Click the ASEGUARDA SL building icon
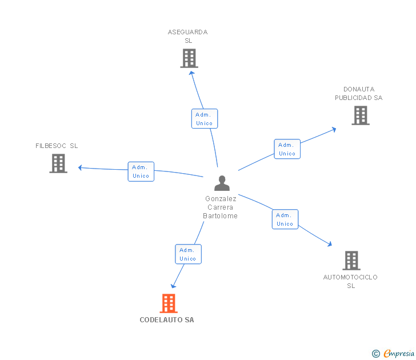pyautogui.click(x=189, y=58)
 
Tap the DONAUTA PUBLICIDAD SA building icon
pyautogui.click(x=360, y=115)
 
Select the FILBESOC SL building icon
pyautogui.click(x=58, y=163)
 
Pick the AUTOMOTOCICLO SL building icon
pyautogui.click(x=351, y=261)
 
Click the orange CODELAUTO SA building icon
pyautogui.click(x=168, y=303)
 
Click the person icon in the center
pyautogui.click(x=222, y=183)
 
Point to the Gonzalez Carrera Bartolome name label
pyautogui.click(x=221, y=207)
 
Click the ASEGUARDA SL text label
pyautogui.click(x=188, y=37)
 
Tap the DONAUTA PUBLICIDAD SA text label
pyautogui.click(x=358, y=94)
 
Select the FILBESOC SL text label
pyautogui.click(x=57, y=146)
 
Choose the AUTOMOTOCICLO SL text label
pyautogui.click(x=350, y=281)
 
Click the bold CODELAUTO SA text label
pyautogui.click(x=167, y=320)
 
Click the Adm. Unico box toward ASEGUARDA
pyautogui.click(x=204, y=119)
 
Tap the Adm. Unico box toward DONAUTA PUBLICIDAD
pyautogui.click(x=287, y=149)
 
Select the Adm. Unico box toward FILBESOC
pyautogui.click(x=141, y=171)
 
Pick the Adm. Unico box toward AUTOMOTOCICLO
pyautogui.click(x=285, y=219)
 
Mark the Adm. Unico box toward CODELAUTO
pyautogui.click(x=188, y=254)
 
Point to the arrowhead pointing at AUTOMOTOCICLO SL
pyautogui.click(x=329, y=244)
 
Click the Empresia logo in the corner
pyautogui.click(x=393, y=354)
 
